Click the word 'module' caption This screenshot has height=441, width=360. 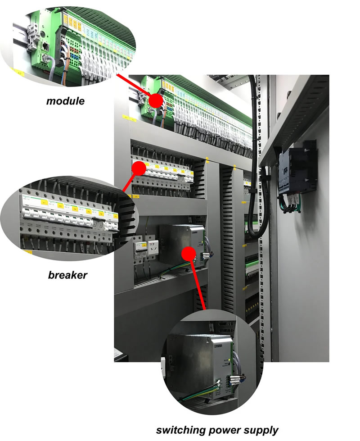point(65,101)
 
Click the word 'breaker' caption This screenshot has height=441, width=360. point(67,274)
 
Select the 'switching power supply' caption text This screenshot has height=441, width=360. point(217,430)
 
